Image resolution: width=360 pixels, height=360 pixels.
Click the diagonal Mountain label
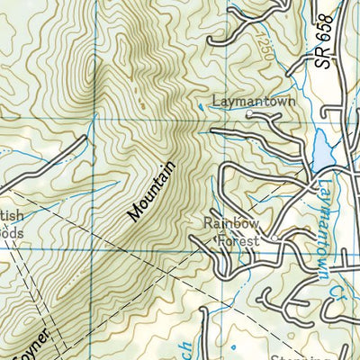[x=149, y=191]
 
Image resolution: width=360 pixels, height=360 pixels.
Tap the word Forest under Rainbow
[x=236, y=241]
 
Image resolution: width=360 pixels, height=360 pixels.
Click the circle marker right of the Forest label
[x=263, y=241]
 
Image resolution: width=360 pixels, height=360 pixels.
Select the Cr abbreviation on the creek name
[x=334, y=284]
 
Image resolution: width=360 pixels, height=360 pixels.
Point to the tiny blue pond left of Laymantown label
[x=199, y=107]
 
